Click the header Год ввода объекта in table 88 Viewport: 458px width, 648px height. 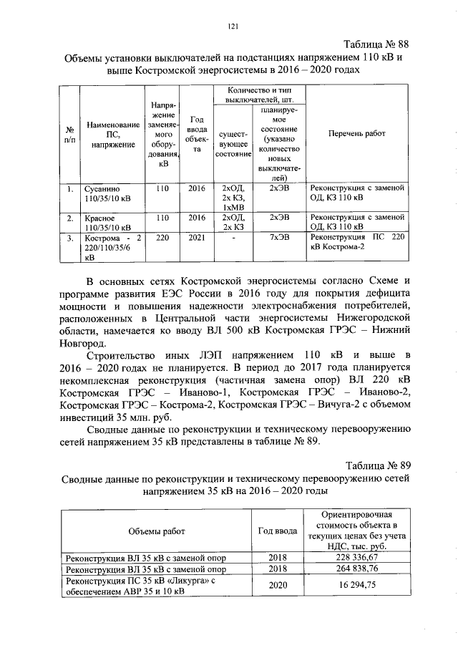(x=196, y=134)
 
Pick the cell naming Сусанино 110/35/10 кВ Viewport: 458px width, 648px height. (x=108, y=193)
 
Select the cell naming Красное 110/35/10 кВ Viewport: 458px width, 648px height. (x=108, y=222)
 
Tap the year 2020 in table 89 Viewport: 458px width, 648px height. (x=276, y=586)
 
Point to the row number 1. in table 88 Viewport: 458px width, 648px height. (x=69, y=189)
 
